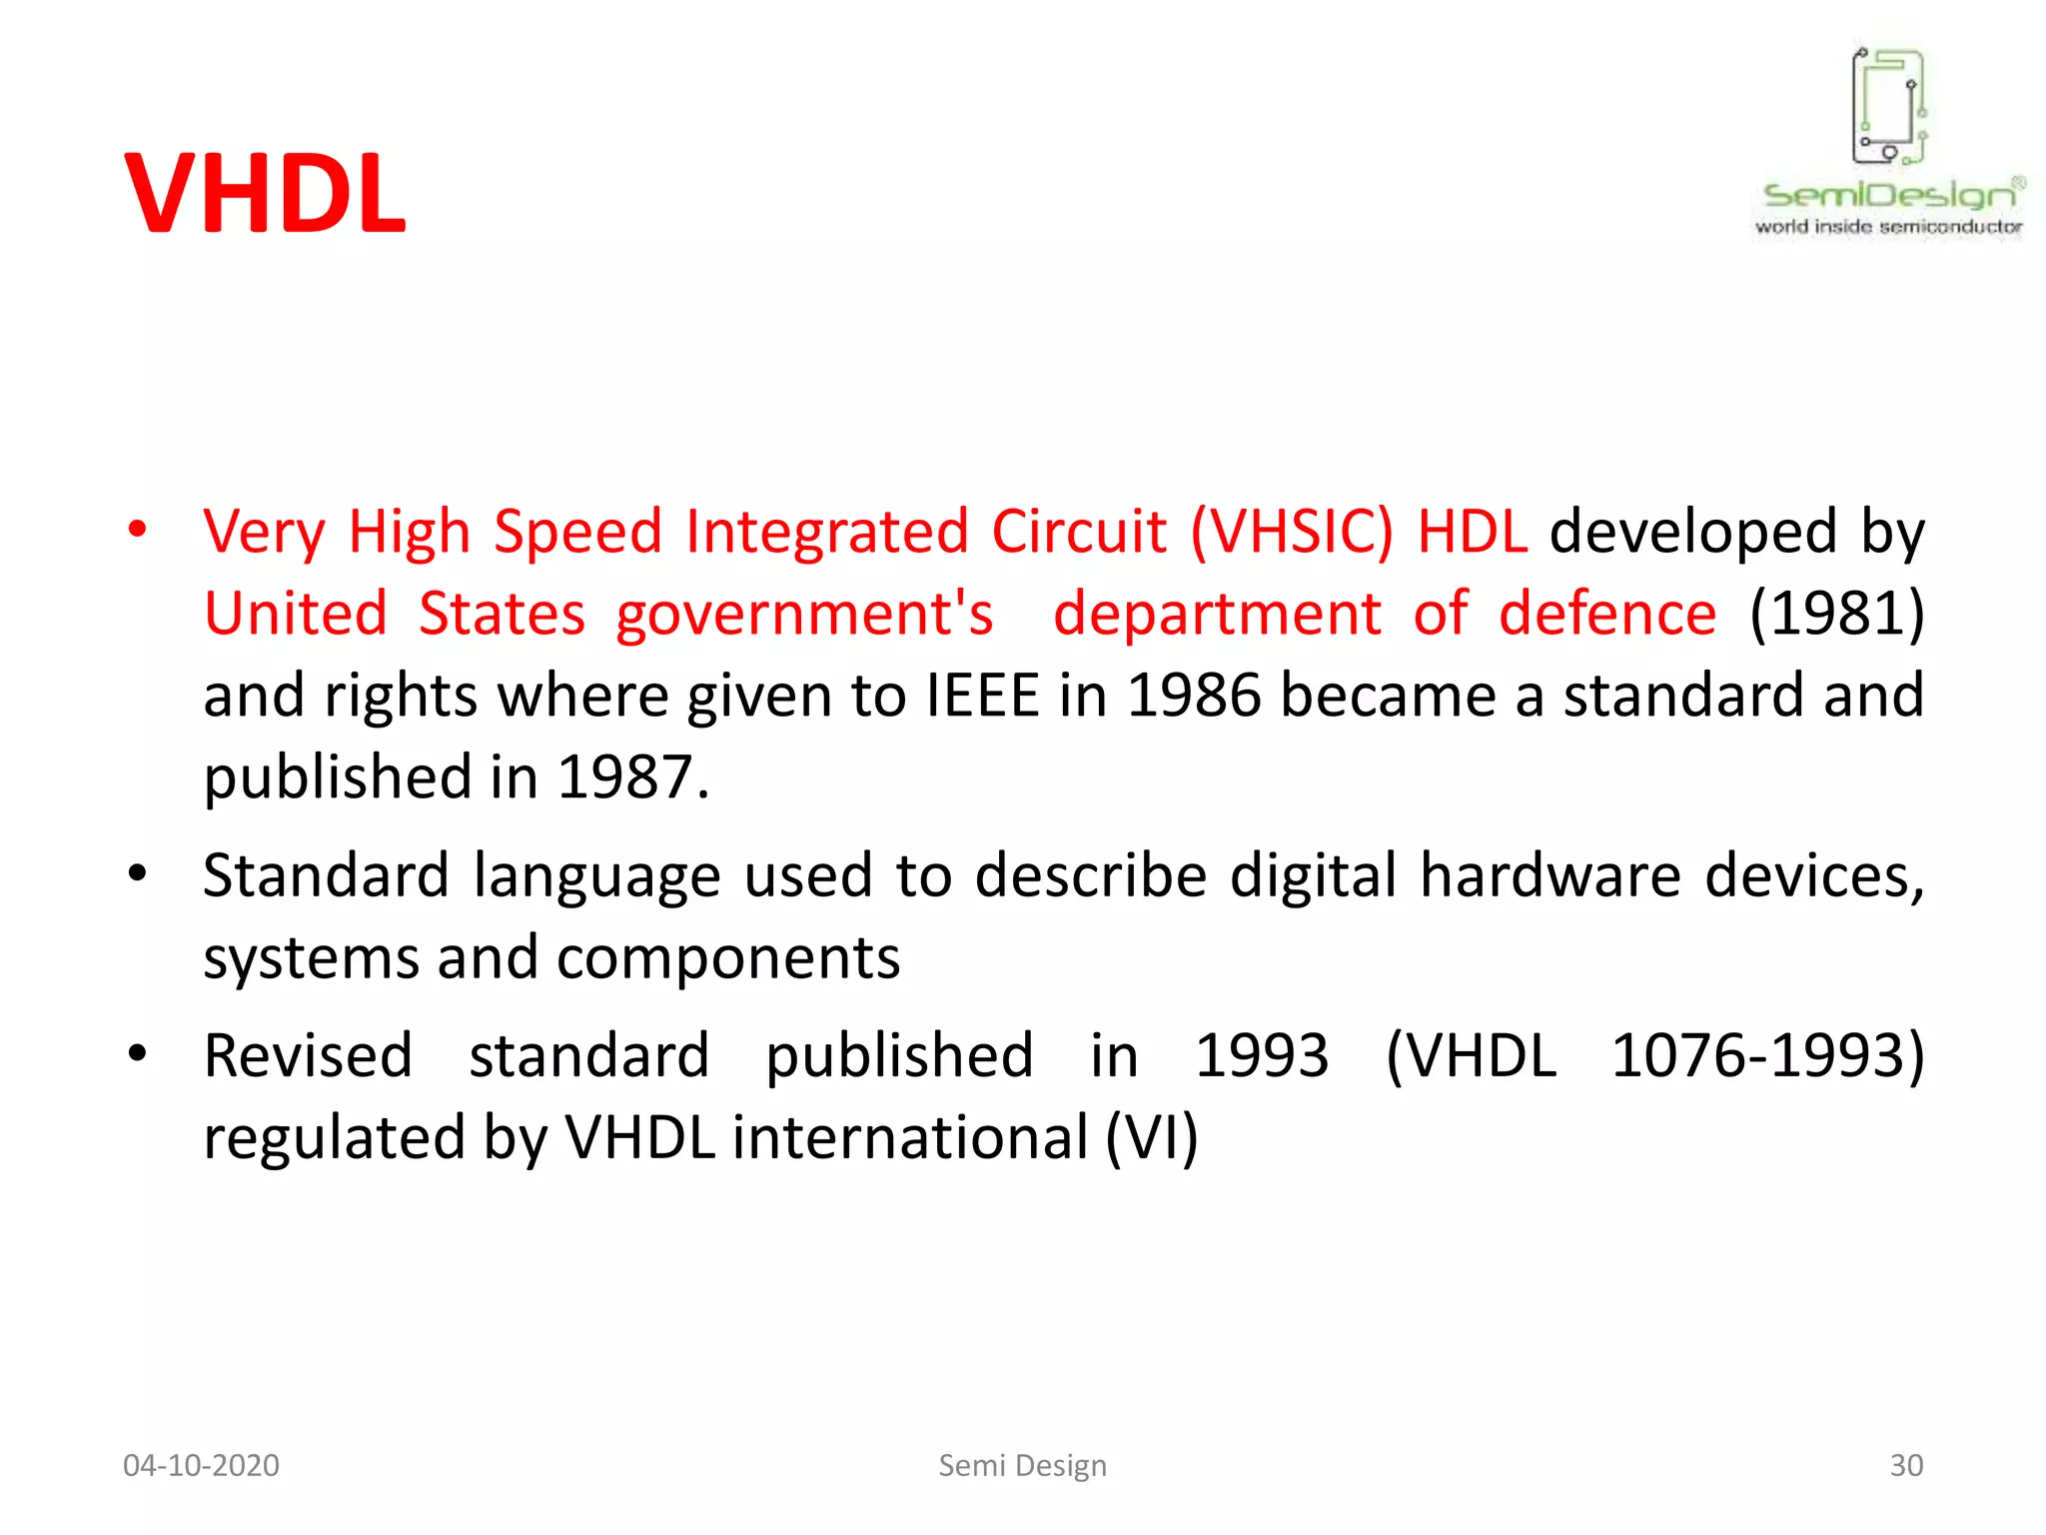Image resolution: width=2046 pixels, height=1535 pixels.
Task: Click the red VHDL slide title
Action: [x=265, y=194]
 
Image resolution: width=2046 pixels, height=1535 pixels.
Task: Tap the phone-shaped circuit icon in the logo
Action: [x=1888, y=106]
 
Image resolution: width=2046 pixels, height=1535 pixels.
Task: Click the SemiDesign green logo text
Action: [x=1890, y=194]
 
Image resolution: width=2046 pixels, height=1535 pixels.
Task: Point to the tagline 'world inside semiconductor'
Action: [x=1888, y=227]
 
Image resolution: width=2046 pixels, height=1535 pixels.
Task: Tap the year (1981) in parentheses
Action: [x=1836, y=613]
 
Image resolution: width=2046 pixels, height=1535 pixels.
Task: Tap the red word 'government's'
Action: [x=804, y=615]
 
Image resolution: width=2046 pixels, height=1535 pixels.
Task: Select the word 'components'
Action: [x=728, y=958]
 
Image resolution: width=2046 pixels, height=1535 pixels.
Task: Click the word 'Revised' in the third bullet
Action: [x=308, y=1055]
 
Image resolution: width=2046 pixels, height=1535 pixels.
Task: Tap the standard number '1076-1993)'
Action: [x=1767, y=1055]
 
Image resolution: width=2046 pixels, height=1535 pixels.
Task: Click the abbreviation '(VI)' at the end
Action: [x=1151, y=1137]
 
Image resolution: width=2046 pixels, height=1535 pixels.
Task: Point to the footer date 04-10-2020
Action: [x=201, y=1465]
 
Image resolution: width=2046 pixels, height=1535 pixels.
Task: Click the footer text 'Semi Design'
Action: [x=1022, y=1465]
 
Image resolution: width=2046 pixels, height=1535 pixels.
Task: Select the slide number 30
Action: [x=1905, y=1465]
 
